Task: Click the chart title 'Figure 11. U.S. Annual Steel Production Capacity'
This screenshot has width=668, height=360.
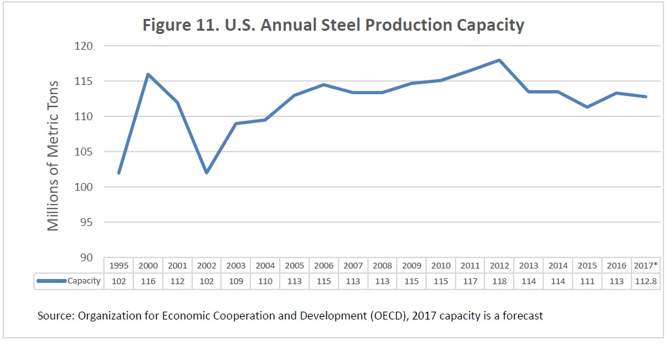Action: (333, 25)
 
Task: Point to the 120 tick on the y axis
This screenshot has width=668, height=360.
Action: (86, 46)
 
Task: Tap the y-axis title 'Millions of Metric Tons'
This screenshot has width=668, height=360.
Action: (53, 155)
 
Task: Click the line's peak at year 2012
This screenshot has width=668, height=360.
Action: (499, 60)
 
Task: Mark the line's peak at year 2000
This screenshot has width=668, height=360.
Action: (148, 74)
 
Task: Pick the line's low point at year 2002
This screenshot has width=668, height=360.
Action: (207, 172)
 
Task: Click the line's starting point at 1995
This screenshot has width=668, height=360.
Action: (118, 172)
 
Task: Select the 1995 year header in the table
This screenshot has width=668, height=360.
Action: (118, 266)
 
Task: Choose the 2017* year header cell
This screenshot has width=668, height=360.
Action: (645, 266)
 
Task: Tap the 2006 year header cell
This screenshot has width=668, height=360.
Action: (324, 266)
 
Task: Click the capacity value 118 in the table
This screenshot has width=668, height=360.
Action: (499, 281)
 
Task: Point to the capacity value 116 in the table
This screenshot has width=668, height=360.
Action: (148, 281)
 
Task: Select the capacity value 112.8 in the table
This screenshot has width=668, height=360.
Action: (645, 281)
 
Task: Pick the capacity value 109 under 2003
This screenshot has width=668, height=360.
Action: (235, 281)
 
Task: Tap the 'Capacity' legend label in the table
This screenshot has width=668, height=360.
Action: (84, 281)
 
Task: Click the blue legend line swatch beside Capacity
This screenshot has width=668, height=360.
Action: (52, 281)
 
